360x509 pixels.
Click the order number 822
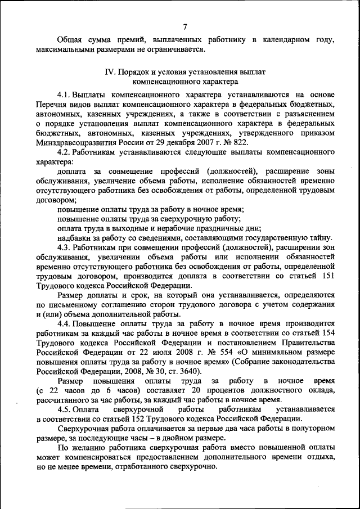coord(239,143)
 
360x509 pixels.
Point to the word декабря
coord(177,143)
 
